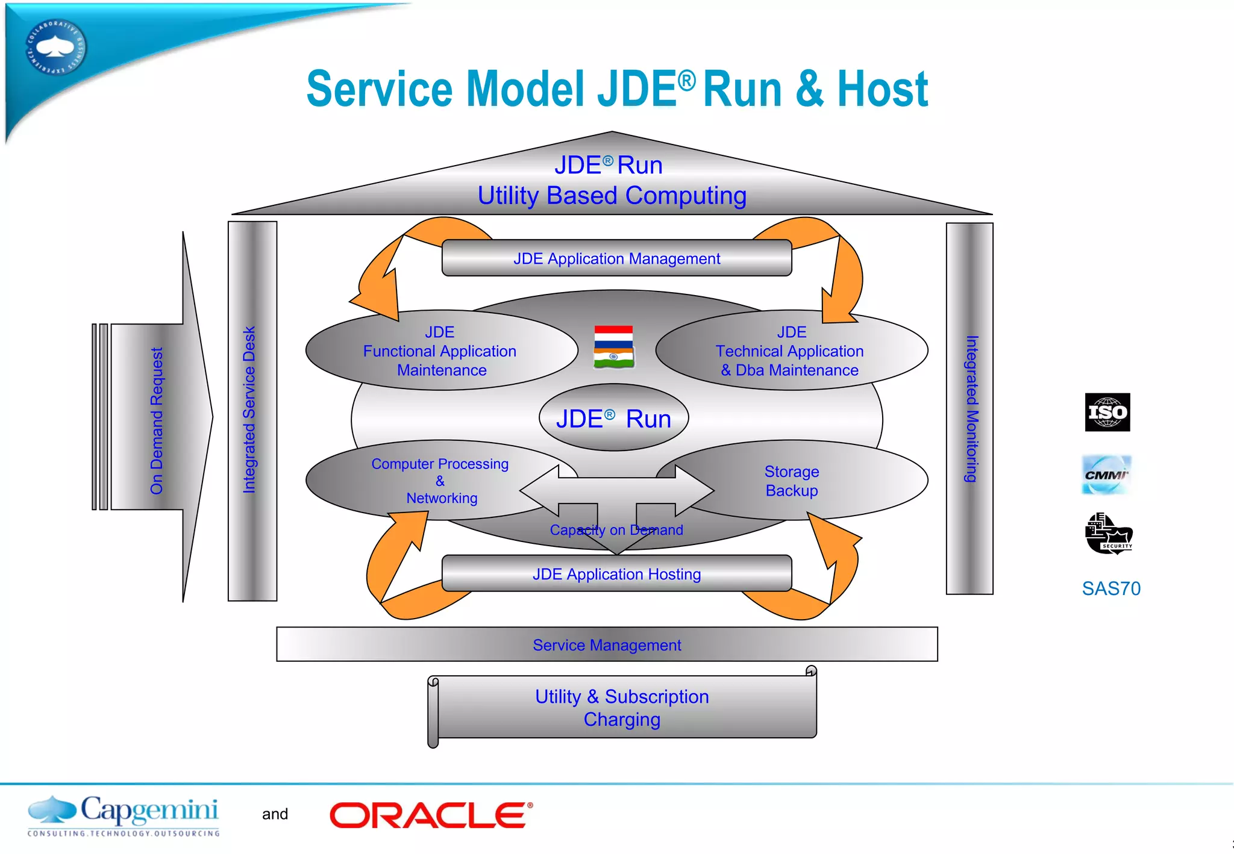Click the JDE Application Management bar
click(616, 258)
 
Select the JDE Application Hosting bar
click(616, 574)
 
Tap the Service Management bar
click(607, 645)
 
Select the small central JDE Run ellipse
click(613, 419)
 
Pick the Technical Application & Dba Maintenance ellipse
click(791, 351)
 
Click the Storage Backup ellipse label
click(792, 481)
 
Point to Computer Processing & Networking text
click(440, 481)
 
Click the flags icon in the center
click(613, 347)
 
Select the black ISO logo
click(1107, 413)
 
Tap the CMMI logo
click(1106, 475)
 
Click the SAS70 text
click(1111, 588)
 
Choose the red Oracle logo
click(431, 815)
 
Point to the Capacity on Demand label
click(616, 530)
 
